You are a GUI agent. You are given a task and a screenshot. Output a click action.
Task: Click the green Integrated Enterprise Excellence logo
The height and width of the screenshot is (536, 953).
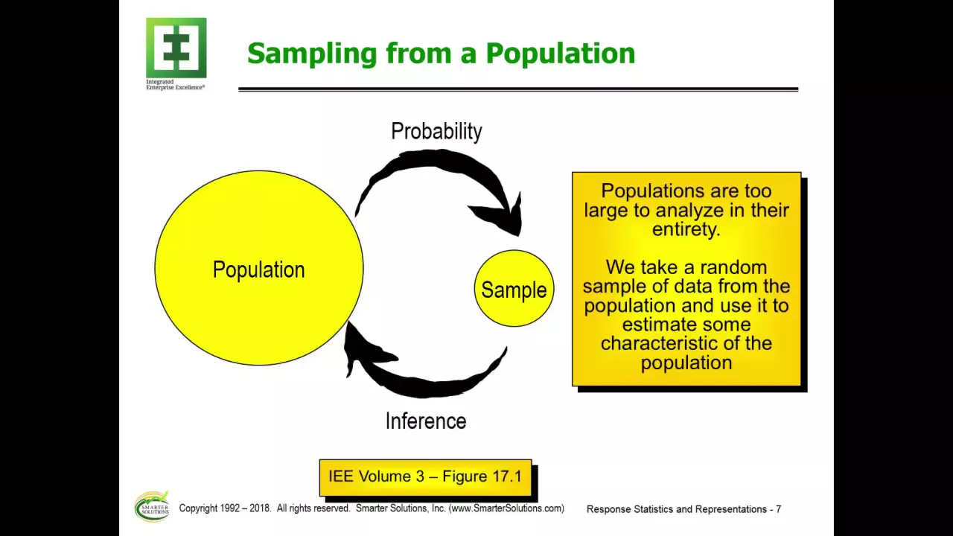click(176, 48)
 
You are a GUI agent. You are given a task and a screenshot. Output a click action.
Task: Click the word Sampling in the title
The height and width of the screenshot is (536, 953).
click(312, 54)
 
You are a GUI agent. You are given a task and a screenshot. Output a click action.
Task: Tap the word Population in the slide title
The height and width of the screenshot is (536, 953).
click(561, 54)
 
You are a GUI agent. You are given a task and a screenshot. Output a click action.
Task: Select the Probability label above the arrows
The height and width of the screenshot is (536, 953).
click(436, 132)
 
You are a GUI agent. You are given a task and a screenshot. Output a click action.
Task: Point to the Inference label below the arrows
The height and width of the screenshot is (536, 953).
click(426, 421)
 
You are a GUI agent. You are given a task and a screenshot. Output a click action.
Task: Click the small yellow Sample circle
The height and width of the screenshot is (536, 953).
click(514, 288)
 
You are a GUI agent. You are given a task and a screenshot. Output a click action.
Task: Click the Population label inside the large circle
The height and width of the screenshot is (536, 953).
click(258, 269)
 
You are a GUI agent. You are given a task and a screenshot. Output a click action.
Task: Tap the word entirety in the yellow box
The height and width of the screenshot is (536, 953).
click(686, 229)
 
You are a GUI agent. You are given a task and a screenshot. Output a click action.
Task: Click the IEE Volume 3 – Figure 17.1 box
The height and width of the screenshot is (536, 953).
click(425, 477)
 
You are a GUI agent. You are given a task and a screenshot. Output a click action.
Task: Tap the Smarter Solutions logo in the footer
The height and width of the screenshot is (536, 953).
click(152, 507)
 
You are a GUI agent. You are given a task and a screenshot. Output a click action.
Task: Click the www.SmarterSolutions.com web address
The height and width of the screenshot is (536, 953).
click(506, 508)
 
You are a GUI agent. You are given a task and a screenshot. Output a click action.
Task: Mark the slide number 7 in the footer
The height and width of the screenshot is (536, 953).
click(778, 509)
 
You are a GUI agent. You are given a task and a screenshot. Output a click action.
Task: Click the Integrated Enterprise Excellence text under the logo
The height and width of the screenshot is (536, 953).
click(175, 85)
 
